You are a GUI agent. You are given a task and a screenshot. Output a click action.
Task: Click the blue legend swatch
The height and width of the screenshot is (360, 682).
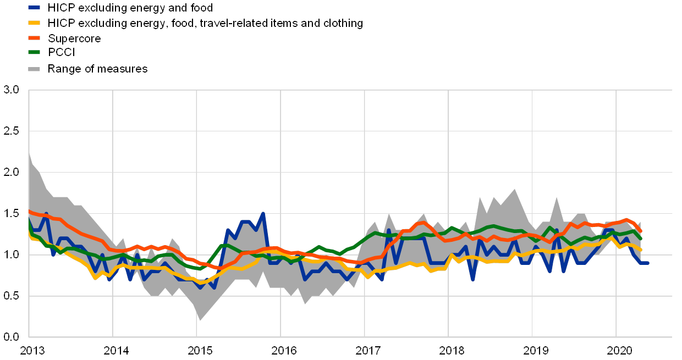[34, 8]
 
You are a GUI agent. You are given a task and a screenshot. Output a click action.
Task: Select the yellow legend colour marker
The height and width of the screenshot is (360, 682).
[34, 23]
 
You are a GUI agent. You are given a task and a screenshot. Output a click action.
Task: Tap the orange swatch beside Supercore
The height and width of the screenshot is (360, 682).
[34, 38]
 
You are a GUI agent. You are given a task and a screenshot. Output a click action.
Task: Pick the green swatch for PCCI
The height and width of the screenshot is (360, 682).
[34, 53]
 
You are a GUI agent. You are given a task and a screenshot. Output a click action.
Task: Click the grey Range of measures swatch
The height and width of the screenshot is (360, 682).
[34, 69]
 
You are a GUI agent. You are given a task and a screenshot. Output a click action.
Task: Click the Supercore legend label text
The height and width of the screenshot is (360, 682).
[74, 38]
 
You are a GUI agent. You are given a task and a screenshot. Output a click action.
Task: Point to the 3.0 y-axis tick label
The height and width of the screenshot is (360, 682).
[12, 90]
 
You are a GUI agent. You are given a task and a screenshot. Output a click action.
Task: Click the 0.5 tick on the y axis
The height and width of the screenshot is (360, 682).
[12, 295]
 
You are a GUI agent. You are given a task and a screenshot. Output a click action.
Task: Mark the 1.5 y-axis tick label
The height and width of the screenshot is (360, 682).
[12, 213]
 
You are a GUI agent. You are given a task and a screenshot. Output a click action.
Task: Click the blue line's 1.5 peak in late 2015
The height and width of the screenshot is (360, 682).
[263, 213]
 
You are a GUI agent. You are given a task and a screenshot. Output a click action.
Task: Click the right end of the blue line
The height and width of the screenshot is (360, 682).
[648, 263]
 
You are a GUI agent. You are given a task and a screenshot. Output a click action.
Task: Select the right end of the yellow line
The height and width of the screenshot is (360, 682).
[641, 250]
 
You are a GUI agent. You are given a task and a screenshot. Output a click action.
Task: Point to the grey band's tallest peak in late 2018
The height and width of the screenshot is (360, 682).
[515, 190]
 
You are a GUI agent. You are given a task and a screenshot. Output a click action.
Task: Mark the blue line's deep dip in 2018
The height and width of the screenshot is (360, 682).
[473, 279]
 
